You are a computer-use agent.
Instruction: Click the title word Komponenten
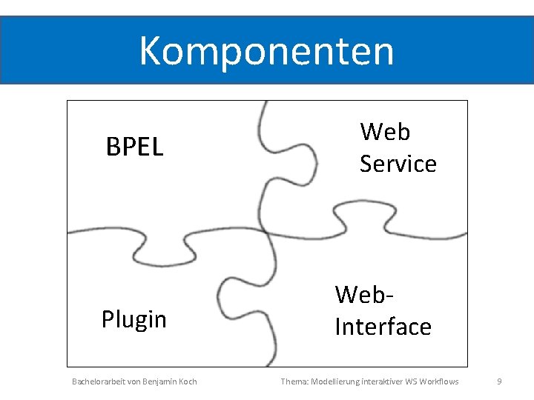tap(266, 50)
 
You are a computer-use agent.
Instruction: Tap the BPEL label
tap(134, 147)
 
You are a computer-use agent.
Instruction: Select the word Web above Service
tap(385, 132)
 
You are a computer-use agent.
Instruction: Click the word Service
tap(398, 164)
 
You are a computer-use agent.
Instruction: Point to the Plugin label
tap(133, 319)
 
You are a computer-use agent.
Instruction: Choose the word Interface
tap(383, 326)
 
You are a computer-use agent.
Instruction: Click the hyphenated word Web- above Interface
tap(363, 294)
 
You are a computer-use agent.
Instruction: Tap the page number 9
tap(499, 381)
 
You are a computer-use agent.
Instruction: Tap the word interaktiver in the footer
tap(382, 381)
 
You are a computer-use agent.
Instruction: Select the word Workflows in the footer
tap(439, 381)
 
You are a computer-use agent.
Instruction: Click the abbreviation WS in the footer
tap(412, 381)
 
